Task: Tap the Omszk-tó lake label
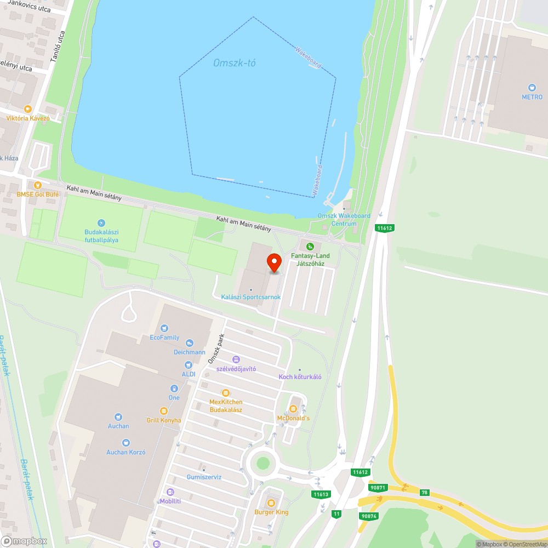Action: (x=235, y=63)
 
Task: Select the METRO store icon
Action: (x=532, y=88)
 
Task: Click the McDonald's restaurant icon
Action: (x=293, y=409)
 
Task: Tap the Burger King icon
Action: (x=271, y=503)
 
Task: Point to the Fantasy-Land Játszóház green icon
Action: (x=311, y=247)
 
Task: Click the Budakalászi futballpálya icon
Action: (x=101, y=223)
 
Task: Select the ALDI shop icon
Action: (x=189, y=364)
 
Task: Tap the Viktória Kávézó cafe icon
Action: (x=28, y=109)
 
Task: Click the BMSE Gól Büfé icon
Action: (x=37, y=185)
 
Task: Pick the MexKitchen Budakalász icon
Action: (x=225, y=393)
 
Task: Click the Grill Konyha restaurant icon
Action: (x=163, y=411)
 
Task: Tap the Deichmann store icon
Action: (x=190, y=343)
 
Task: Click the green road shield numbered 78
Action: (x=424, y=493)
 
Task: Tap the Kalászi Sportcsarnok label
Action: (x=250, y=297)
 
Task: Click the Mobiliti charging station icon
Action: (x=170, y=492)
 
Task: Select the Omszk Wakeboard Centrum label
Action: (x=344, y=219)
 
